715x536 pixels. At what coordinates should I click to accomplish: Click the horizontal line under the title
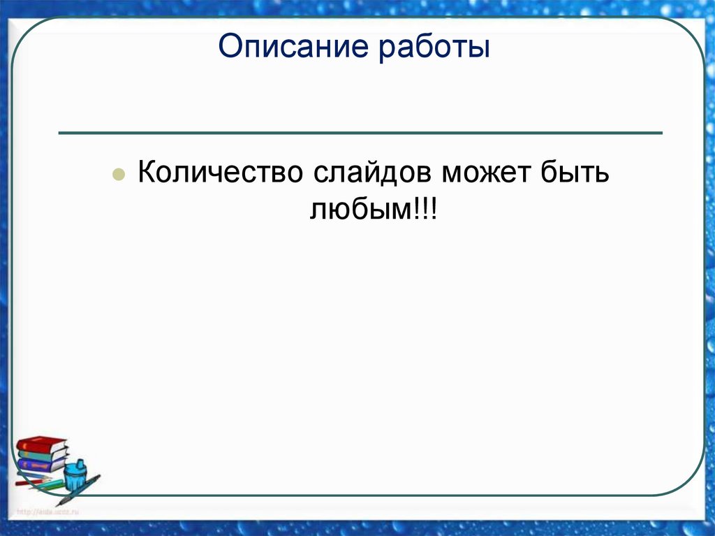point(360,132)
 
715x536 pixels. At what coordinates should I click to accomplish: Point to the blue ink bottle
point(75,479)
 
